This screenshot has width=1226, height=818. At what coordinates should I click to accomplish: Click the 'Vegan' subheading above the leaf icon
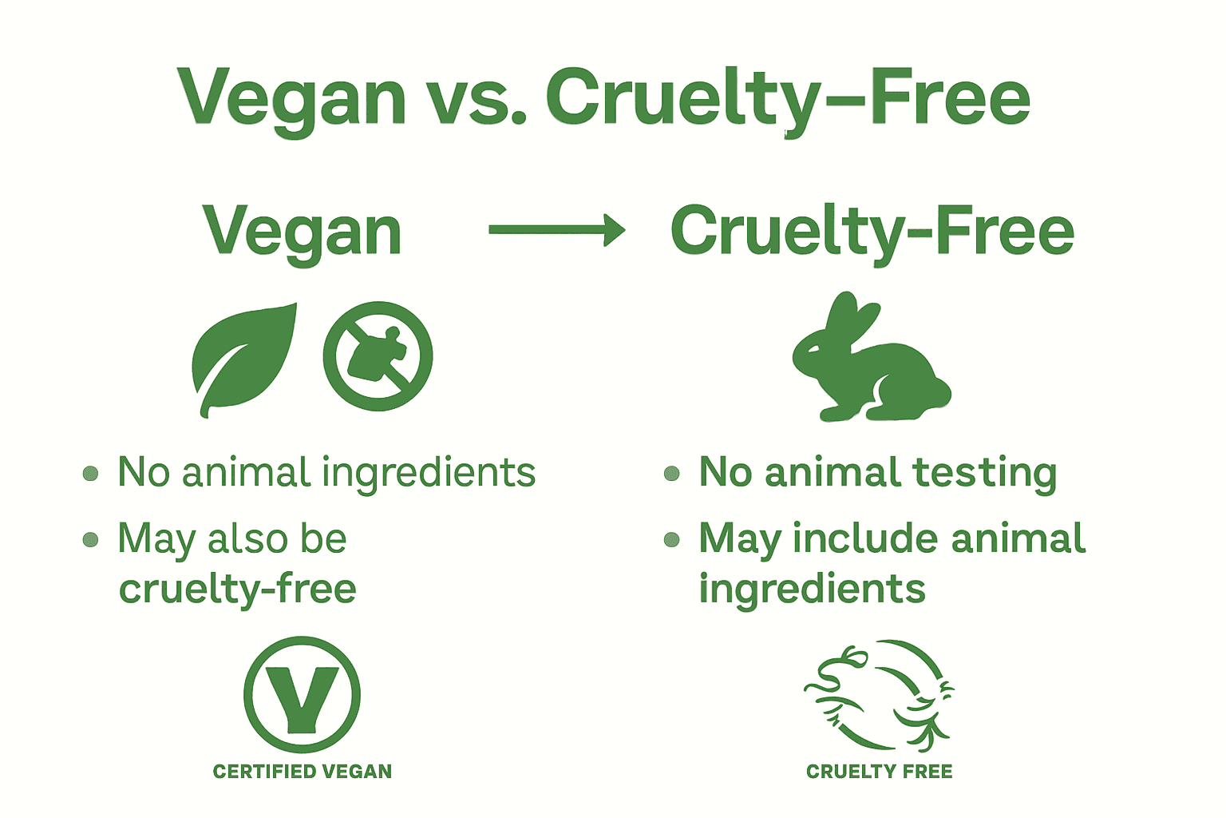pos(302,232)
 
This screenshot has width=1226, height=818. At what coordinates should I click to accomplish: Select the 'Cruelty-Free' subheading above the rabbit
pos(872,232)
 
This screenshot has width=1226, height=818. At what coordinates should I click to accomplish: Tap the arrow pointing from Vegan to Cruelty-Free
pos(557,230)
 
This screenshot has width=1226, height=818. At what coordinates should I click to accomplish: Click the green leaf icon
pos(243,359)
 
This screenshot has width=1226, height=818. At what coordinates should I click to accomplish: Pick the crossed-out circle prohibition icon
pos(378,356)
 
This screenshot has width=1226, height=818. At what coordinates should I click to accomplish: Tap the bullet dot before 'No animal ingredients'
pos(91,474)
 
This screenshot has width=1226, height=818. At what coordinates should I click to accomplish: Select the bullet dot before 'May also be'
pos(91,540)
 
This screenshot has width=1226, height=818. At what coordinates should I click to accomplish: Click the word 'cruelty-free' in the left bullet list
pos(237,590)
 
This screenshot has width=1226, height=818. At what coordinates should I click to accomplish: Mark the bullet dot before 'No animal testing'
pos(672,474)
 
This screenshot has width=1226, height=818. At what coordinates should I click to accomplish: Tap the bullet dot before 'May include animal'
pos(672,540)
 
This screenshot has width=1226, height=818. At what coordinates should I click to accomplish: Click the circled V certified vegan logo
pos(302,693)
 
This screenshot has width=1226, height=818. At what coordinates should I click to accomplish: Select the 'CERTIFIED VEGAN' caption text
pos(302,772)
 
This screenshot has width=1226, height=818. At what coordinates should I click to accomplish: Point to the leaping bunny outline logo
pos(879,695)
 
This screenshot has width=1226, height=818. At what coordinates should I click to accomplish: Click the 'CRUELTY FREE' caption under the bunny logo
pos(879,772)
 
